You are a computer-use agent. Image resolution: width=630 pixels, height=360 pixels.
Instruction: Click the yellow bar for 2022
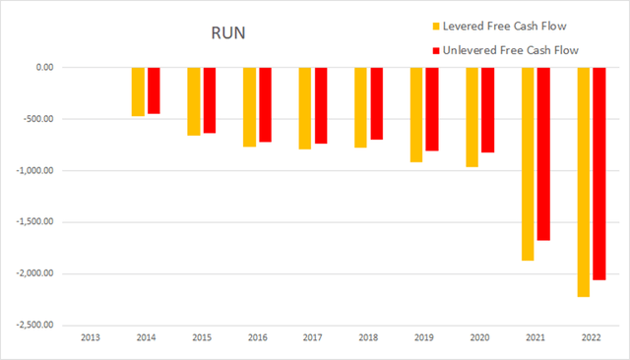584,181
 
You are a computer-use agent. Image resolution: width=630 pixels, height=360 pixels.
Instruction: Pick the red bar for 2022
598,173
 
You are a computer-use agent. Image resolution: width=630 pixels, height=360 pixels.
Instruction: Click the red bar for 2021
543,153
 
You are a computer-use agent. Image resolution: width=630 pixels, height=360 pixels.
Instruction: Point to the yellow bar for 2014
139,91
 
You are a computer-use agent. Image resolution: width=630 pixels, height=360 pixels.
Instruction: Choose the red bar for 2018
376,103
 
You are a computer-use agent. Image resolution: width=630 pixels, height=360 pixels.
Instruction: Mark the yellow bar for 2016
250,107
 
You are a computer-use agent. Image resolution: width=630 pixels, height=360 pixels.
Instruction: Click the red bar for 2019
432,109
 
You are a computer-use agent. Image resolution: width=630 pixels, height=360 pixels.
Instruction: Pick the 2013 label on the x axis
90,338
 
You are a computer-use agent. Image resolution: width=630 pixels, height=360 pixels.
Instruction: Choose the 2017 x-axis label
312,338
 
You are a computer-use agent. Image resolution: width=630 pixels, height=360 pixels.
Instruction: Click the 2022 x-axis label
591,338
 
